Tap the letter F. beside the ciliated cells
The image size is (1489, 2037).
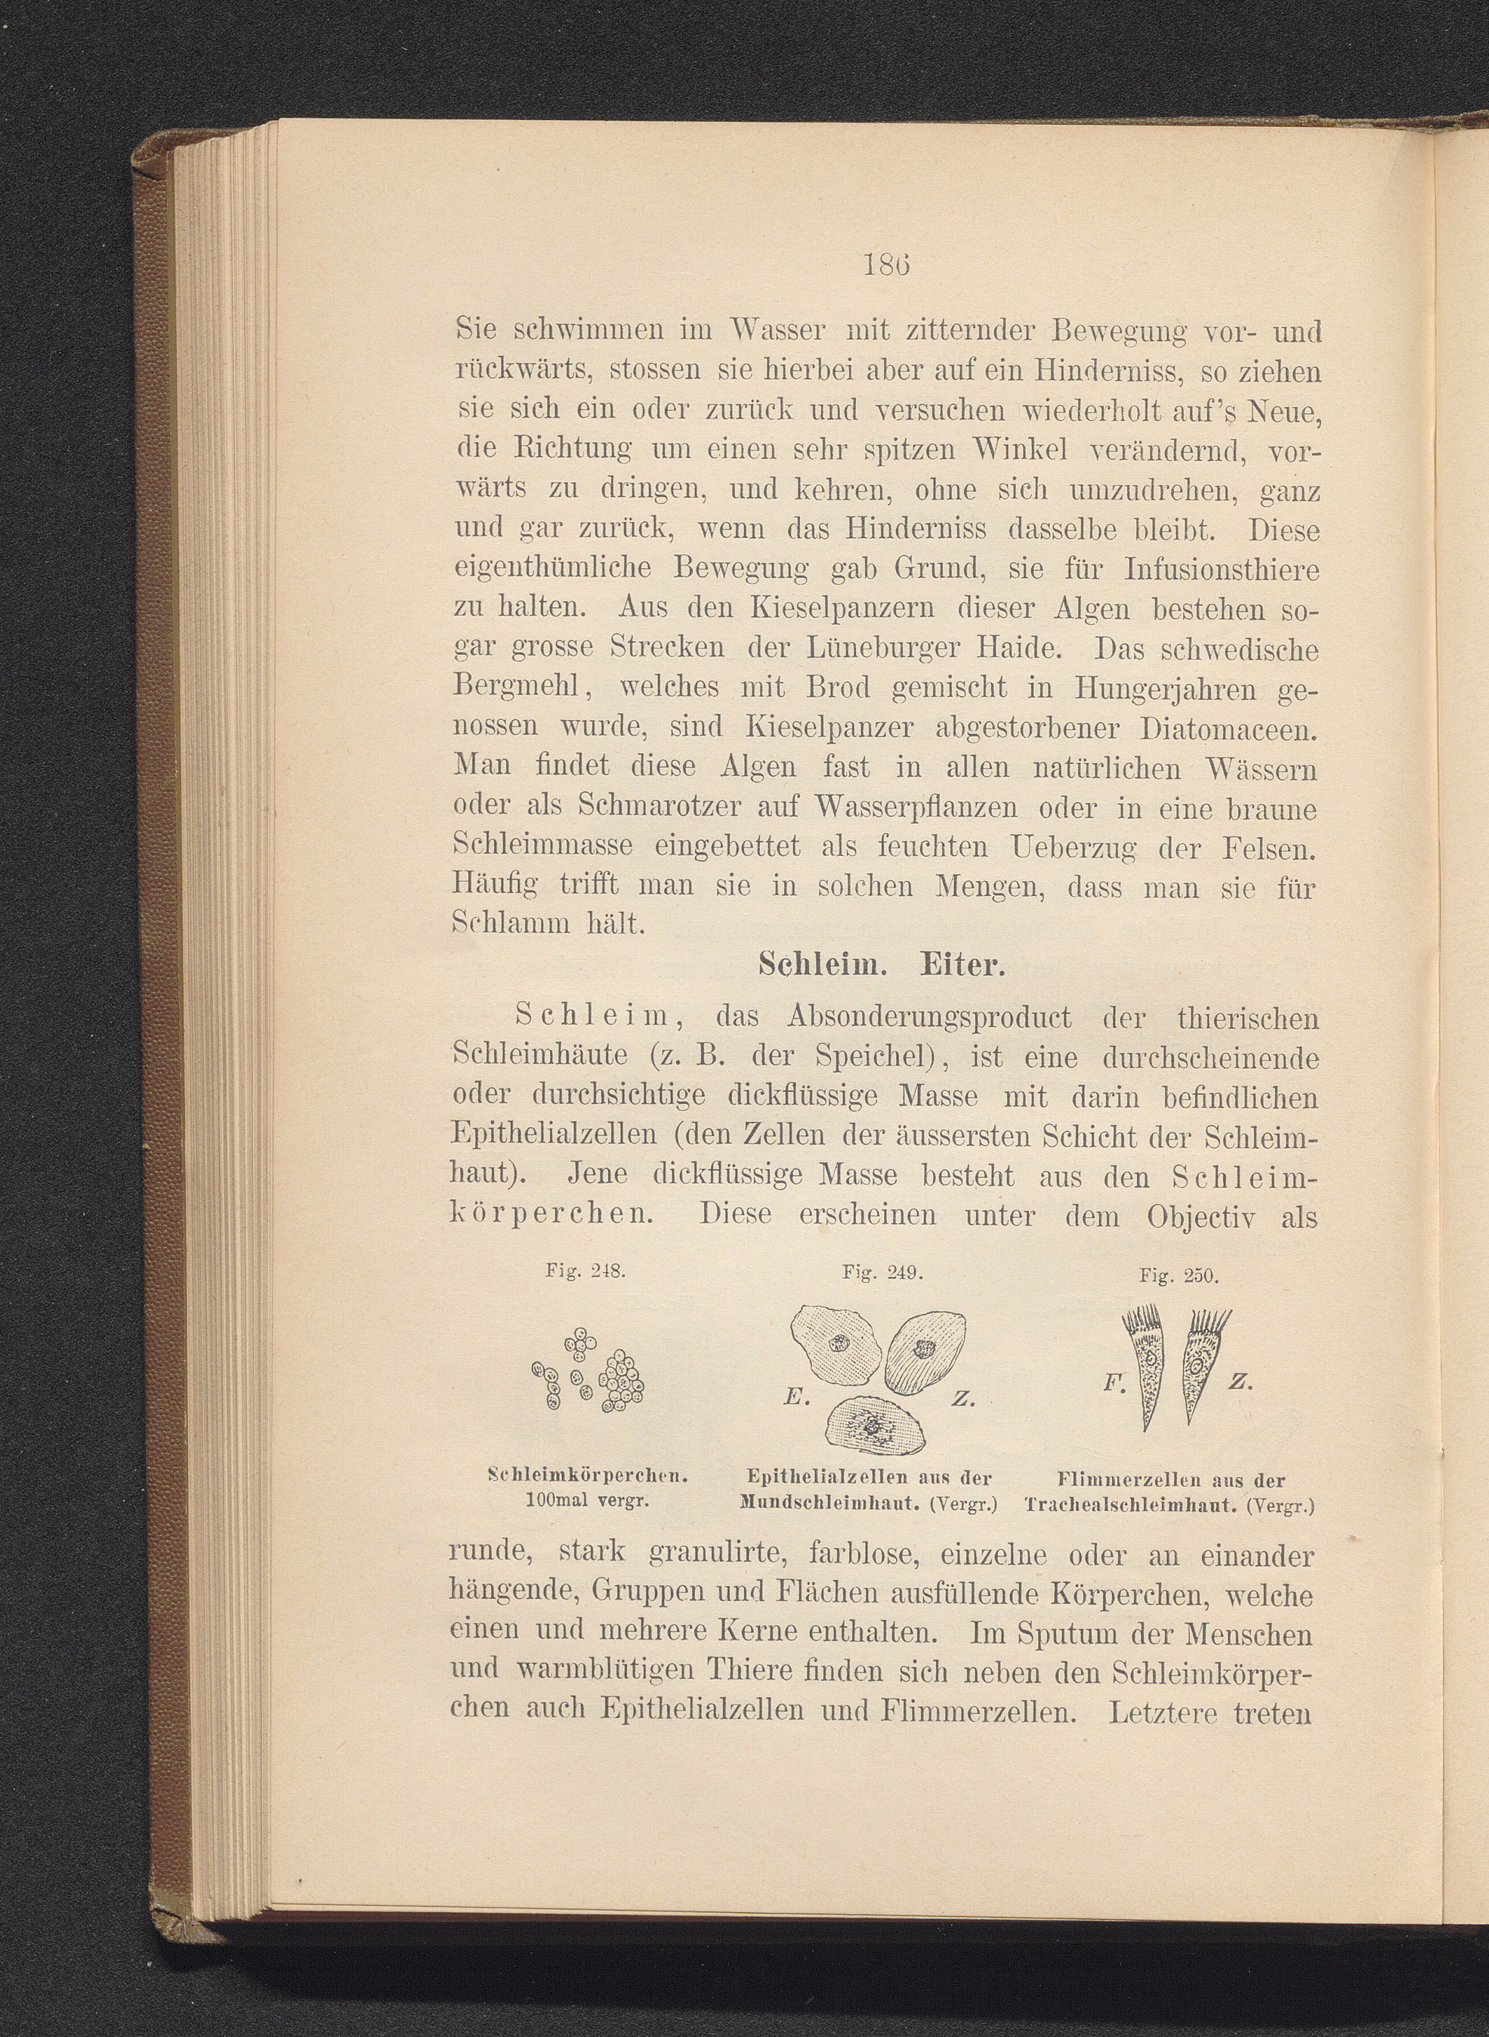tap(1110, 1382)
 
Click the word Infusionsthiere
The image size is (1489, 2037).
tap(1222, 570)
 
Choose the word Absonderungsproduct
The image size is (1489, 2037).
tap(930, 1018)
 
